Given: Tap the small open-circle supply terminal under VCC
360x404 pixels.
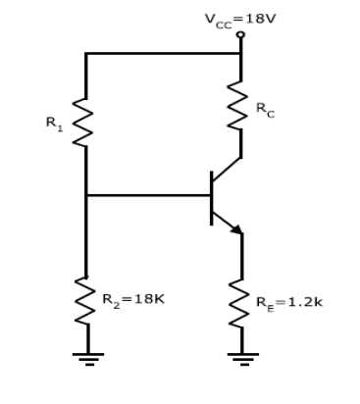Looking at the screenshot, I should [240, 34].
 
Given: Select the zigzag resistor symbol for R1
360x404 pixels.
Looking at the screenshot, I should [85, 122].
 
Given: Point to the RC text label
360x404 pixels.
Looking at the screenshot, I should [266, 112].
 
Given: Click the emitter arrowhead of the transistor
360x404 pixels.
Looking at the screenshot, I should [235, 229].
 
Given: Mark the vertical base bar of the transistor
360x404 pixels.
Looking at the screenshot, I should [211, 197].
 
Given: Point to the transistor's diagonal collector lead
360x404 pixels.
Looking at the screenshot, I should [227, 169].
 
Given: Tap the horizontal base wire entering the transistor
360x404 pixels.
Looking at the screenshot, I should [147, 195].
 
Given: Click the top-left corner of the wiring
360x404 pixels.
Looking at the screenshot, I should [86, 54].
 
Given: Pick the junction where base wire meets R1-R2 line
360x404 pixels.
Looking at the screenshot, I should [86, 195].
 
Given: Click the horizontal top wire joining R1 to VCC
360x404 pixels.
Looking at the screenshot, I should [162, 54].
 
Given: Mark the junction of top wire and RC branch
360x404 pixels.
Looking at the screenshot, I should [240, 54].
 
